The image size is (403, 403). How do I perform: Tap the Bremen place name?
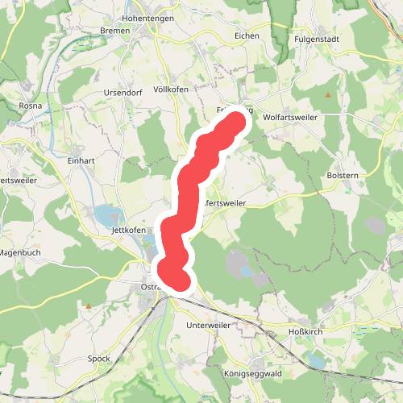click(115, 30)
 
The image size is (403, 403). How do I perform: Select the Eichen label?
click(246, 36)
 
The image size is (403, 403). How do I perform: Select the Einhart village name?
click(81, 160)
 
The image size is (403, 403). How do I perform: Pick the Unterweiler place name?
click(208, 325)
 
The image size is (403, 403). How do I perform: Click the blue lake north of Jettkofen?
click(107, 215)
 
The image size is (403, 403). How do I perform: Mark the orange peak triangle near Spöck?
click(88, 306)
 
